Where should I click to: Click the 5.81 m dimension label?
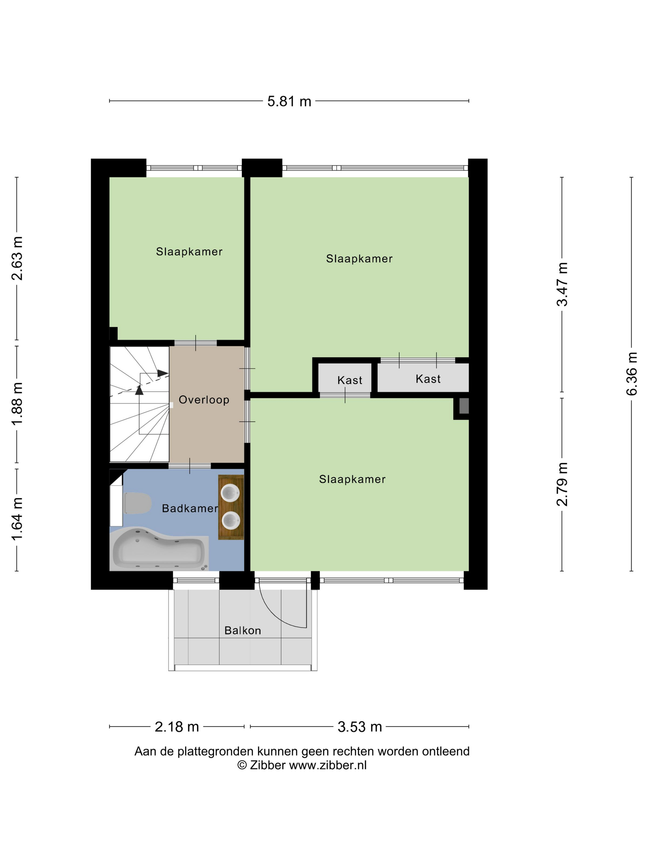tap(289, 101)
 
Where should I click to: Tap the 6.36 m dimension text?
tap(632, 373)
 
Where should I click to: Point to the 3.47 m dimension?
tap(562, 284)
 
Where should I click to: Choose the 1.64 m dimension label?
tap(17, 519)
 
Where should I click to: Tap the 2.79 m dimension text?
tap(562, 484)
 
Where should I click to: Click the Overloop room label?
tap(204, 400)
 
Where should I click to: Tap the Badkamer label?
tap(190, 508)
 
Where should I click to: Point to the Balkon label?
tap(243, 631)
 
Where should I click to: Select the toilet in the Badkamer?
tap(137, 503)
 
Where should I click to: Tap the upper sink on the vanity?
tap(231, 493)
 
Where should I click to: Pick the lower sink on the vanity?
tap(231, 521)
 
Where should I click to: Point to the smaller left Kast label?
tap(350, 380)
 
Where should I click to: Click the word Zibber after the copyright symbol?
tap(268, 765)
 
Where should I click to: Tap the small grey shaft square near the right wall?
tap(464, 406)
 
